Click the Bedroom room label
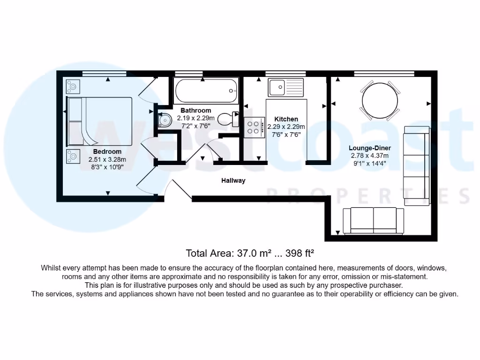click(x=107, y=151)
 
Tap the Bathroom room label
click(x=196, y=111)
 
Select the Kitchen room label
click(x=286, y=119)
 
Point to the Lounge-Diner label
click(x=370, y=148)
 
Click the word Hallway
click(x=233, y=180)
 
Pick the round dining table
click(x=380, y=100)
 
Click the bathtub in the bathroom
click(x=206, y=91)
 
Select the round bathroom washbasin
click(x=165, y=120)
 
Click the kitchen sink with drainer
click(x=285, y=87)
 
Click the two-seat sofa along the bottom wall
click(x=373, y=220)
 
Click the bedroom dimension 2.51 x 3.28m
click(x=107, y=159)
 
